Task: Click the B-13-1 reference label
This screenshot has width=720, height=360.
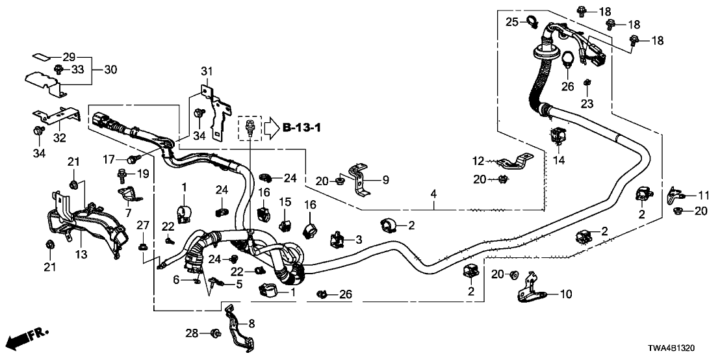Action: click(302, 127)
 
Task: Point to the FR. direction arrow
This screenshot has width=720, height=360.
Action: click(29, 338)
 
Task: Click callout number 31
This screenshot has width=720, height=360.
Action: click(206, 71)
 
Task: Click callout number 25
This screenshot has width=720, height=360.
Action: click(512, 23)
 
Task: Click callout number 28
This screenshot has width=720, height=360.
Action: click(192, 333)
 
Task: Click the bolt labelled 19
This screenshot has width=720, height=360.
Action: click(122, 175)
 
